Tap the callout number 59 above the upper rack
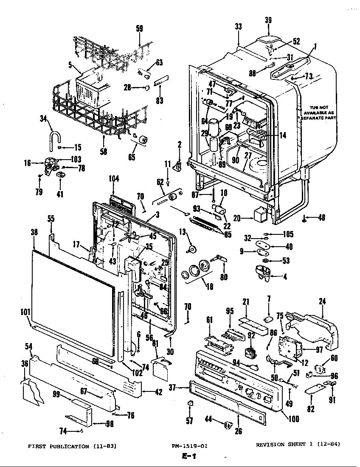click(x=139, y=29)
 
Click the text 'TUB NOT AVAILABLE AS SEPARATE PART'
click(x=319, y=112)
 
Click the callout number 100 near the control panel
click(x=293, y=419)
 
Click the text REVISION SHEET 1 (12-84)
click(x=298, y=444)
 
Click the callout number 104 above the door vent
click(x=114, y=179)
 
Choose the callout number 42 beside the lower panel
click(x=158, y=393)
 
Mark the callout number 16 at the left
click(x=28, y=162)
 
